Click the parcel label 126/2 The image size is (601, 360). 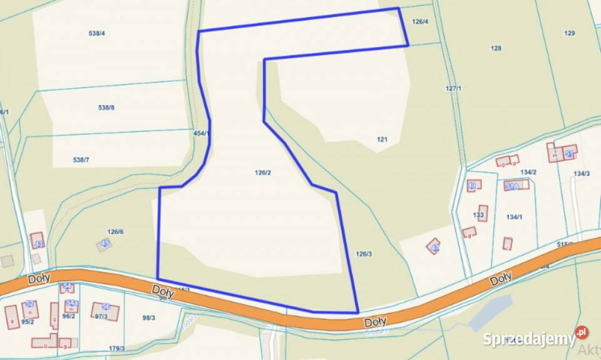(262, 173)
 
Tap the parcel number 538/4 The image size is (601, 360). (96, 33)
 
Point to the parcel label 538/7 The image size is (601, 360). (81, 160)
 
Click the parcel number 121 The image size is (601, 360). (383, 140)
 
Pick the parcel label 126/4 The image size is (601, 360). (420, 22)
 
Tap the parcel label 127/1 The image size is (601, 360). (453, 89)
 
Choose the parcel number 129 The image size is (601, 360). (569, 33)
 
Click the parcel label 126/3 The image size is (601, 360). (364, 254)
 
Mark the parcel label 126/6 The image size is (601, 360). (115, 232)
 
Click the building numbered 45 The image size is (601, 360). (105, 244)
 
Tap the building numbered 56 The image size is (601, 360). (105, 309)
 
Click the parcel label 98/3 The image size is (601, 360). (148, 318)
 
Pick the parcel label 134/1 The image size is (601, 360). (514, 217)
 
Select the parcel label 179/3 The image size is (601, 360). (116, 349)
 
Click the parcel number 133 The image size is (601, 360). (478, 215)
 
